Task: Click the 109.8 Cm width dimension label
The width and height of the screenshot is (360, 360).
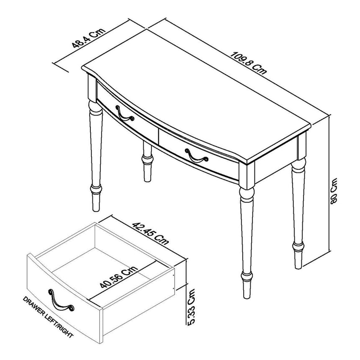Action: [249, 63]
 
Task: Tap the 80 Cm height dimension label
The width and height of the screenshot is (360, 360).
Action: [333, 190]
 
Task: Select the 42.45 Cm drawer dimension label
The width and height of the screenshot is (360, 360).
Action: [150, 233]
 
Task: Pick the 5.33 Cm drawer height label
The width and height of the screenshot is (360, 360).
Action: [191, 307]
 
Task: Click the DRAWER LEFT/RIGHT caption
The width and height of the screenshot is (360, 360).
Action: [48, 317]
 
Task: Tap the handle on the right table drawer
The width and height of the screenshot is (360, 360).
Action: [196, 155]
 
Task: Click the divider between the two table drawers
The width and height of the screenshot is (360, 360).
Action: [158, 136]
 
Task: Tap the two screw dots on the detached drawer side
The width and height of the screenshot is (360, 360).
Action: [174, 280]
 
